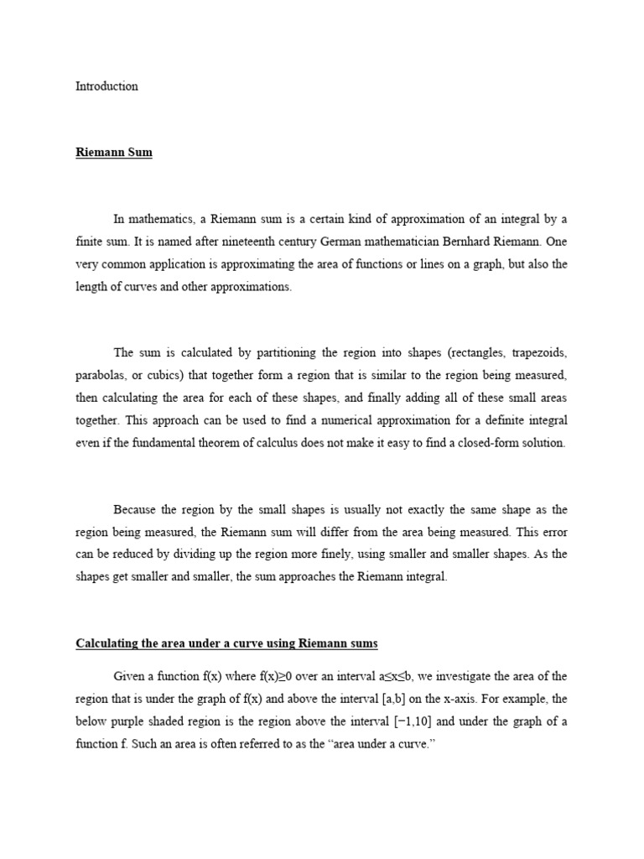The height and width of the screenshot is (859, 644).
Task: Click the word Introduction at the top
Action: [x=106, y=86]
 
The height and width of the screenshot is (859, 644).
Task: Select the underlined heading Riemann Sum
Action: [x=114, y=154]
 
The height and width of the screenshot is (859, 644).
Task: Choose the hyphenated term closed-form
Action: [x=483, y=442]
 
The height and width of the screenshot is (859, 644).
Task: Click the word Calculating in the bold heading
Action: [x=108, y=643]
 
